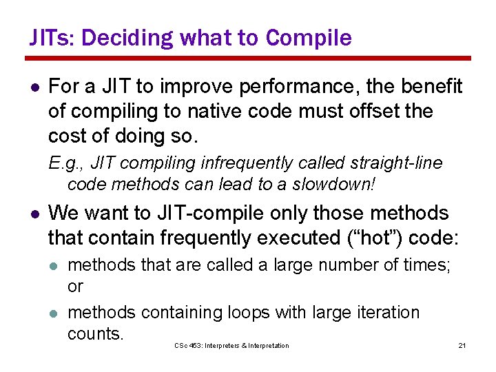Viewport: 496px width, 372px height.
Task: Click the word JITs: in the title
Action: [x=50, y=38]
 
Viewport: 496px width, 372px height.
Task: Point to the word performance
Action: [x=291, y=87]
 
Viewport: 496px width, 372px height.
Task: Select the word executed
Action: [x=297, y=238]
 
